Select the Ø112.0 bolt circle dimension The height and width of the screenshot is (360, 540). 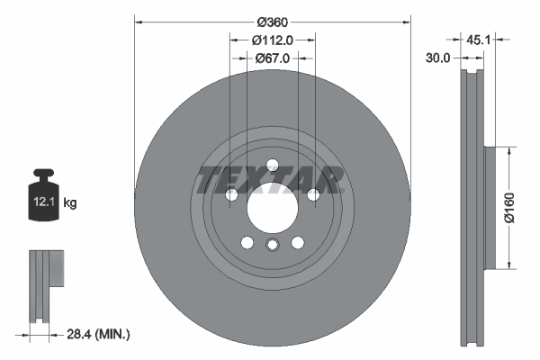272,40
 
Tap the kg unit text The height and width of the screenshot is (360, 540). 70,204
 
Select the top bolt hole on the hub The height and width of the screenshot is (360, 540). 272,165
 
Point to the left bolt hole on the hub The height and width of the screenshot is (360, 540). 231,195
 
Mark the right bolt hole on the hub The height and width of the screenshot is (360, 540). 313,195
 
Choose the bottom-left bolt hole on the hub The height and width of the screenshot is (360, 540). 247,241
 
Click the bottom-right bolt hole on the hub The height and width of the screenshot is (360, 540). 298,241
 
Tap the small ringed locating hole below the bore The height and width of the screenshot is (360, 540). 272,247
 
